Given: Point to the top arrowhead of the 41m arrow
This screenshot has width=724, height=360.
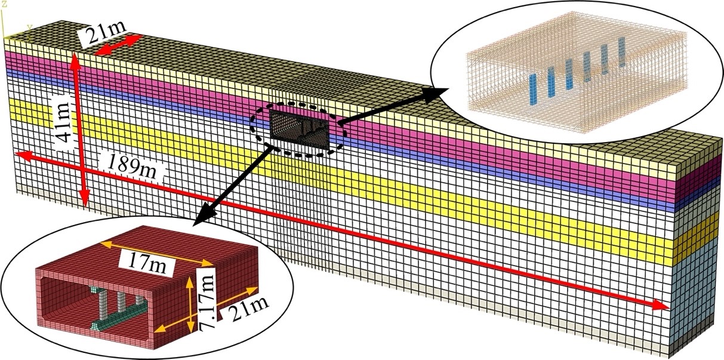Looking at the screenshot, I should [x=75, y=59].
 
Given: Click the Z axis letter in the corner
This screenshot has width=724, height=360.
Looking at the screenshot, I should [x=4, y=4].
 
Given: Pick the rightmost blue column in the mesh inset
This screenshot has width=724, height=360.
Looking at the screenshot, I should [x=621, y=51].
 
